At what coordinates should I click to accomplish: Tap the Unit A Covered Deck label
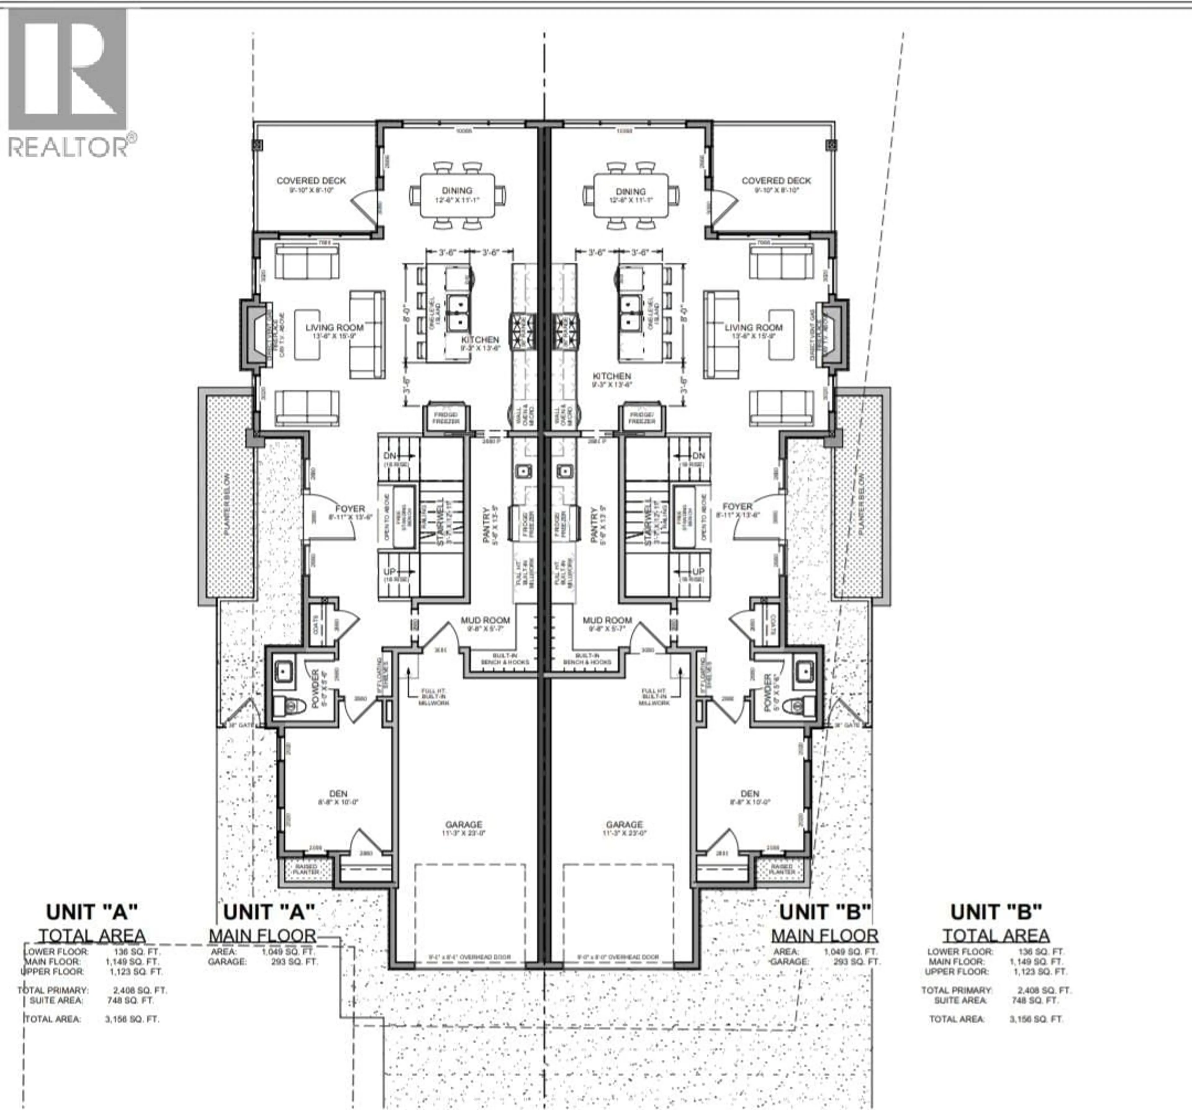click(x=311, y=180)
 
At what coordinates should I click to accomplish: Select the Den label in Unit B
click(x=749, y=793)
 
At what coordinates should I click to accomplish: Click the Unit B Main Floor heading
click(x=824, y=935)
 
